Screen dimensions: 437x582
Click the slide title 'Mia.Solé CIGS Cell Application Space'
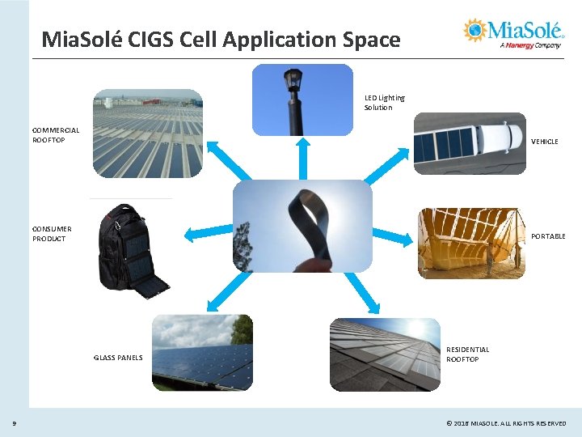point(221,39)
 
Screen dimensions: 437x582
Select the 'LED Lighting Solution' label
point(384,103)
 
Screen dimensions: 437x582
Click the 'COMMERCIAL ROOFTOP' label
point(56,135)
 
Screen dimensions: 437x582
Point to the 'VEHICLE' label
point(544,142)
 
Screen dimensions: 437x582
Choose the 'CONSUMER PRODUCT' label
point(53,234)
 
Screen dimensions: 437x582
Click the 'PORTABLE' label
point(548,236)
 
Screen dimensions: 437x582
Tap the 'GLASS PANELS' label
point(118,358)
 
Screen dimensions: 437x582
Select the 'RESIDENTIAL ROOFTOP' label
point(467,354)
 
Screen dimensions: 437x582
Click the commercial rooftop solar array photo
point(147,134)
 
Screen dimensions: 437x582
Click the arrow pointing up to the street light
point(302,158)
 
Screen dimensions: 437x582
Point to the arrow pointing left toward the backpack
point(207,235)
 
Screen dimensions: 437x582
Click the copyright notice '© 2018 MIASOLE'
point(506,423)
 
